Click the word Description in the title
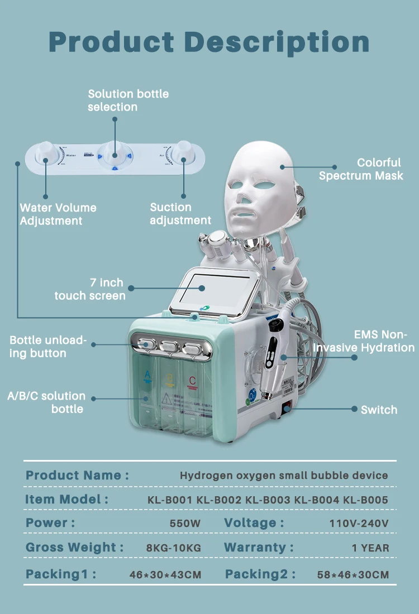pos(277,42)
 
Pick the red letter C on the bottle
pos(192,382)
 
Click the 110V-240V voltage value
pos(359,524)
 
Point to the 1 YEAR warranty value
pos(370,548)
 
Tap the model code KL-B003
pos(268,500)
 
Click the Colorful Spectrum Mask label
pos(361,169)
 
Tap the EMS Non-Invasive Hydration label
pos(364,341)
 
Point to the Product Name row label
pos(77,476)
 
